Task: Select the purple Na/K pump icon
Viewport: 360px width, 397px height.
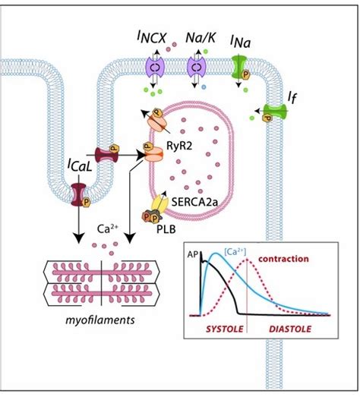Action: point(197,67)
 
